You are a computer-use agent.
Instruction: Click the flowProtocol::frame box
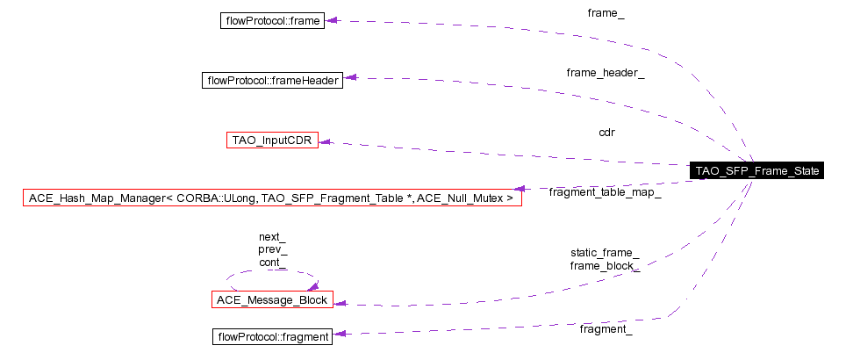pyautogui.click(x=272, y=19)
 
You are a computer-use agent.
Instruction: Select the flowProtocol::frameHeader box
pyautogui.click(x=271, y=80)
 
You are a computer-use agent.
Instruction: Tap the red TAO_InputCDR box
pyautogui.click(x=272, y=140)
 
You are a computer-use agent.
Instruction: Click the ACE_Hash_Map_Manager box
pyautogui.click(x=271, y=198)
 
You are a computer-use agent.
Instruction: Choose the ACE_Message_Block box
pyautogui.click(x=271, y=300)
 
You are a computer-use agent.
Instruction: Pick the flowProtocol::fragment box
pyautogui.click(x=272, y=336)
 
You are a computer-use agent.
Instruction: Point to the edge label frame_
pyautogui.click(x=606, y=13)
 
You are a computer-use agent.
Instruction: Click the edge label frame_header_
pyautogui.click(x=606, y=73)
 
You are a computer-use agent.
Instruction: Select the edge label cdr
pyautogui.click(x=606, y=133)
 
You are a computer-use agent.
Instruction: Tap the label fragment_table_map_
pyautogui.click(x=605, y=191)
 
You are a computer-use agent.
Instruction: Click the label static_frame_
pyautogui.click(x=605, y=253)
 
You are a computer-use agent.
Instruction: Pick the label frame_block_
pyautogui.click(x=605, y=265)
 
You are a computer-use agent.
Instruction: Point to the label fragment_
pyautogui.click(x=606, y=329)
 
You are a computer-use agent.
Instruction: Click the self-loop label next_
pyautogui.click(x=272, y=237)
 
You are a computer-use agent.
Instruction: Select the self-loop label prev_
pyautogui.click(x=272, y=249)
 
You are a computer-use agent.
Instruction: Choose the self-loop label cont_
pyautogui.click(x=272, y=262)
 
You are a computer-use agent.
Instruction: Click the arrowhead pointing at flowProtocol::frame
pyautogui.click(x=332, y=20)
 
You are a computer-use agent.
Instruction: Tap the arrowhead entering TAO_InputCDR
pyautogui.click(x=324, y=141)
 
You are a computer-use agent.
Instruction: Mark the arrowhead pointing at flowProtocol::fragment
pyautogui.click(x=338, y=334)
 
